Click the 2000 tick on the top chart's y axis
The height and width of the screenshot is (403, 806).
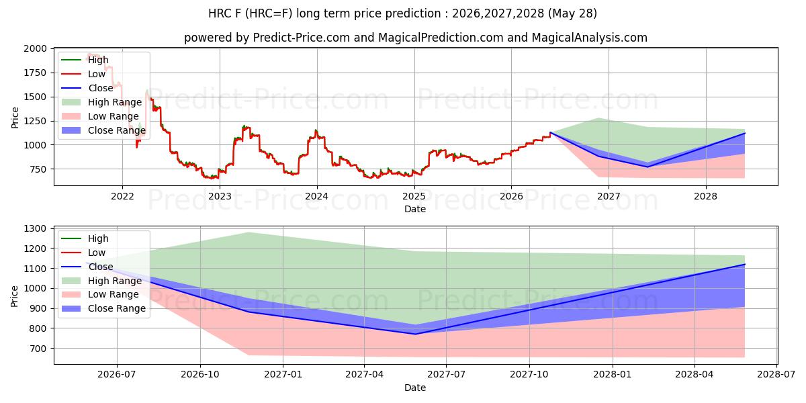(x=35, y=48)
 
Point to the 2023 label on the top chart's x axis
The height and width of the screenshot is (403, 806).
(x=220, y=196)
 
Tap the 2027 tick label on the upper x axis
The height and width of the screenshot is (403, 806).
(x=609, y=196)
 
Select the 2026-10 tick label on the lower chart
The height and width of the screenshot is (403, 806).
(x=200, y=375)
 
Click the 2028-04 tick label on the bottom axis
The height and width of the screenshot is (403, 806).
(x=695, y=375)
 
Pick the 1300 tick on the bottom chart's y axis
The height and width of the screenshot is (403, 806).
(x=35, y=228)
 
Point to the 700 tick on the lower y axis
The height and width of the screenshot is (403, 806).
(x=38, y=349)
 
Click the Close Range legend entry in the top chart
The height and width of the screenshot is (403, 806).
(x=103, y=130)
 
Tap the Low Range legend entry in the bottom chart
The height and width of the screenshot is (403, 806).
(x=100, y=294)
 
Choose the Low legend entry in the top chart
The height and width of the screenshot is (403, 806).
(x=83, y=74)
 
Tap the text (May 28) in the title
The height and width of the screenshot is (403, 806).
(x=572, y=13)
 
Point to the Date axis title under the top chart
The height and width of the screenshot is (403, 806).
(x=415, y=209)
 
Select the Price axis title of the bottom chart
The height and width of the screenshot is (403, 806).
(x=14, y=296)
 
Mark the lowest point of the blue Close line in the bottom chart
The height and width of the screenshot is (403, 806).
(x=415, y=334)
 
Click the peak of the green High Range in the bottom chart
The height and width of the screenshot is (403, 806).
(x=249, y=232)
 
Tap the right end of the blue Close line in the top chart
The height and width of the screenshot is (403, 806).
(x=744, y=133)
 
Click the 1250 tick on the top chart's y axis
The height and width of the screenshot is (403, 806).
(x=35, y=121)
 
